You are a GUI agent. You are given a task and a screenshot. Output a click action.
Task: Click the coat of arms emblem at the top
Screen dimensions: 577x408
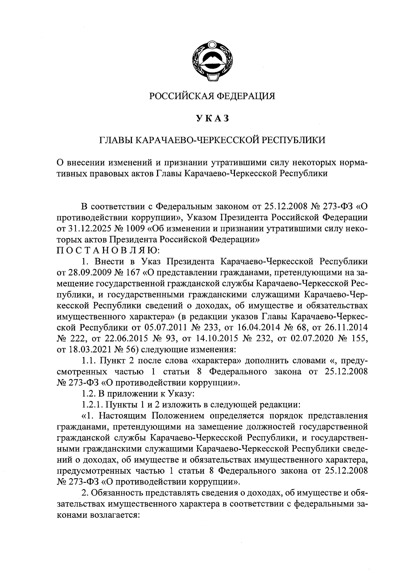pos(213,62)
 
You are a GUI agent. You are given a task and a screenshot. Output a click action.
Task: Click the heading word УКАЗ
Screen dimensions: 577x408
pos(213,118)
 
